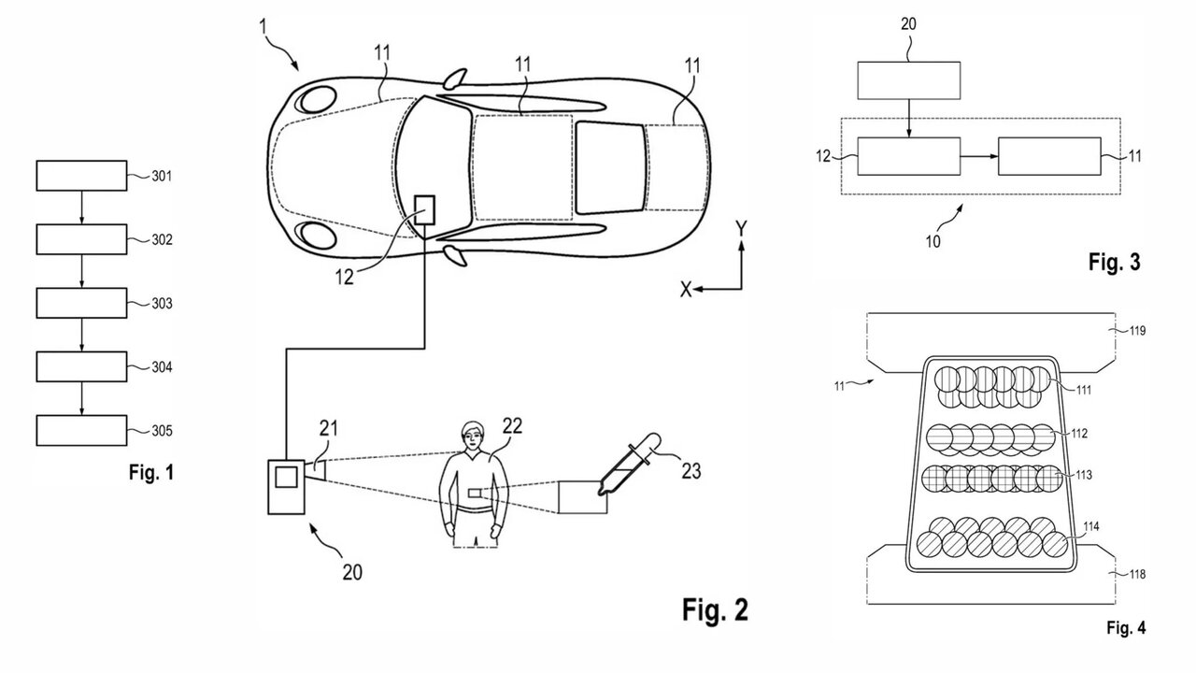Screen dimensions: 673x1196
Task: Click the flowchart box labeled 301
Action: (x=81, y=175)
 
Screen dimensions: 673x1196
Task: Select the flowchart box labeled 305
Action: (x=81, y=431)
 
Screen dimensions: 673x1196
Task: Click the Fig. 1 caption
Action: (x=151, y=473)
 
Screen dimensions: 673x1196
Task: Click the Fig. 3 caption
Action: (x=1114, y=263)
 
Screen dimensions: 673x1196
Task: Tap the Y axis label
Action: (x=740, y=228)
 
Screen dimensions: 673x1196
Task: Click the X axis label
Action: (x=685, y=291)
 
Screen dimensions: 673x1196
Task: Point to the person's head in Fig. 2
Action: (x=474, y=436)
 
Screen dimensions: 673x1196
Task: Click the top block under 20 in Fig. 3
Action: (x=908, y=81)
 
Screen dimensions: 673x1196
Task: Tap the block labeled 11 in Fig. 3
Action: (x=1048, y=155)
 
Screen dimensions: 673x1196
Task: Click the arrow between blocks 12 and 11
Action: (x=978, y=155)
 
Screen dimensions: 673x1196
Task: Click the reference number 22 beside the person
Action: (x=511, y=425)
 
